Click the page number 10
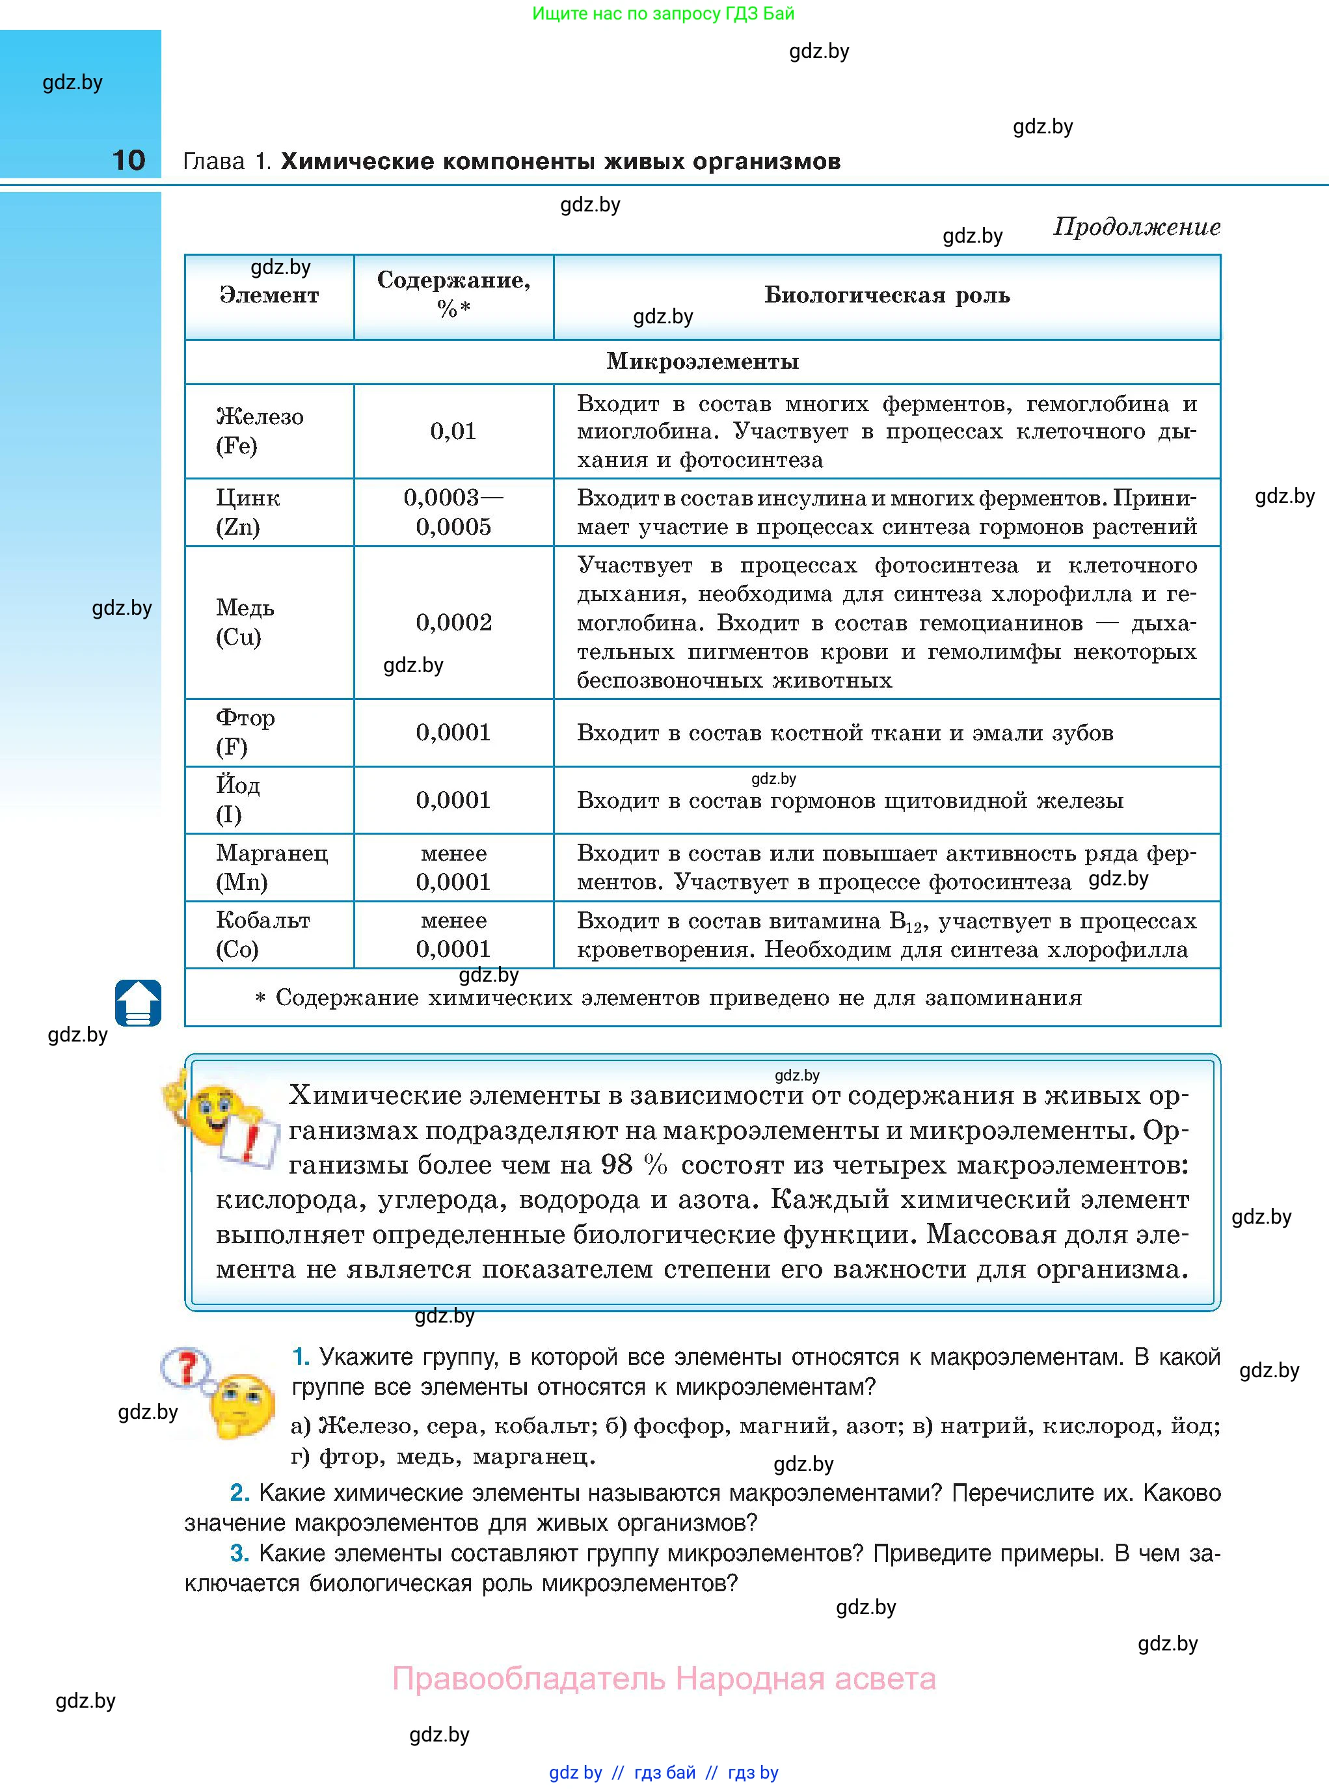[129, 160]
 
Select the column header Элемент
[269, 295]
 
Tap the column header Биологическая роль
[887, 295]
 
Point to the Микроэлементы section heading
[703, 361]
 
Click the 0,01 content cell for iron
[453, 431]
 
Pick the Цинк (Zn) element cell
[248, 511]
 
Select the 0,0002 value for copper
[453, 622]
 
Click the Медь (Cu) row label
[245, 622]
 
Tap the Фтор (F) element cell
[245, 732]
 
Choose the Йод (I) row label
[237, 800]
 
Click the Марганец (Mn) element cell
[271, 867]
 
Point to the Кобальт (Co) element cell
[262, 934]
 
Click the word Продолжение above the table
[1136, 227]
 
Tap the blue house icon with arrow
[139, 1002]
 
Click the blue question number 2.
[239, 1493]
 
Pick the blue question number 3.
[239, 1554]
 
